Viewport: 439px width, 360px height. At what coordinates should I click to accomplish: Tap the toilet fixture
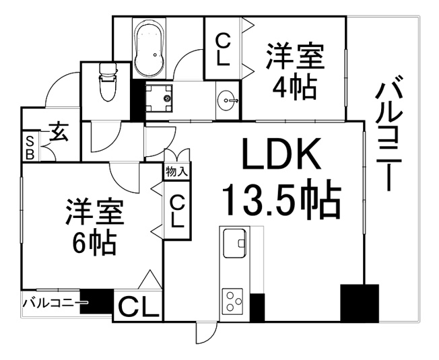point(108,82)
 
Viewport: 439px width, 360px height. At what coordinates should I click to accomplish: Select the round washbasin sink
point(227,100)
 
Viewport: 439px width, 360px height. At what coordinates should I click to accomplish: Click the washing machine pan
point(159,98)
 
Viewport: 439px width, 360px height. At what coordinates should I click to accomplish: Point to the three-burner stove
point(232,301)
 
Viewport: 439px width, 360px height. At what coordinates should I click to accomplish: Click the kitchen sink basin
point(234,243)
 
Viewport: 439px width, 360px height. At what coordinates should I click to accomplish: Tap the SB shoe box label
point(30,147)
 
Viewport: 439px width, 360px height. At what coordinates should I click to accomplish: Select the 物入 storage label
point(176,171)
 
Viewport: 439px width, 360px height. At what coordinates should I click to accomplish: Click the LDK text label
point(281,153)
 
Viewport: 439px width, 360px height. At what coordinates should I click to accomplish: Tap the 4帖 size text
point(295,87)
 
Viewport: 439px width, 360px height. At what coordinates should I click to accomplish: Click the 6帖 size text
point(95,242)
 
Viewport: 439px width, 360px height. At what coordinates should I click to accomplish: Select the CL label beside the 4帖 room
point(223,49)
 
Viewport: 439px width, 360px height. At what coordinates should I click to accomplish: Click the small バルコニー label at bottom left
point(55,303)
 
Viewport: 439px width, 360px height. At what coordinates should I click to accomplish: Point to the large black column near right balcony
point(360,303)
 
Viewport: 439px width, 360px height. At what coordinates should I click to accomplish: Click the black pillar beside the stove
point(257,308)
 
